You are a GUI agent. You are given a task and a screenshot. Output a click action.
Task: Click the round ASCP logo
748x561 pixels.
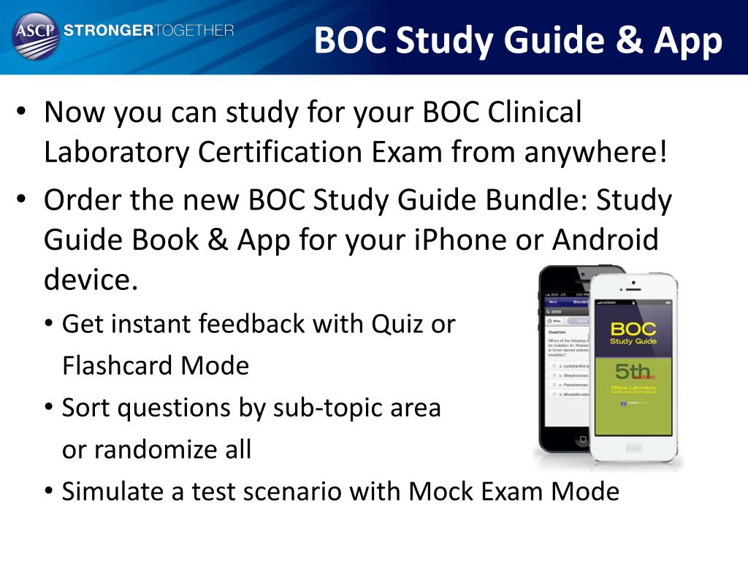click(35, 35)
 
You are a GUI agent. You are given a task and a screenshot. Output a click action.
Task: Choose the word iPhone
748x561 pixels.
click(449, 240)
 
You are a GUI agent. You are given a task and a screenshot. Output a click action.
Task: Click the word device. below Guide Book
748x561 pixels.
click(91, 279)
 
